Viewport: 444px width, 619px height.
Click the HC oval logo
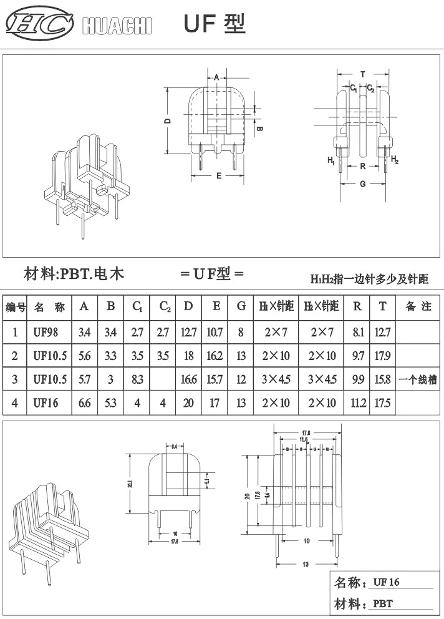coord(39,24)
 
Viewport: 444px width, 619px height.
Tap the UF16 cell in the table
coord(46,403)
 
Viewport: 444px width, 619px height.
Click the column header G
coord(241,306)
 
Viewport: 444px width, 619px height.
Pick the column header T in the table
coord(382,306)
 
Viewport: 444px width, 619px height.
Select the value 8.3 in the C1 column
coord(137,379)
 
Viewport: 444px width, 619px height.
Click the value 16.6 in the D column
coord(189,379)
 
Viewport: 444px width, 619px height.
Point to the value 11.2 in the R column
coord(358,403)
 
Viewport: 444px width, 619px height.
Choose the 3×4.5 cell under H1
coord(276,379)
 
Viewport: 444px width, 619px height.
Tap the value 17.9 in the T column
coord(382,356)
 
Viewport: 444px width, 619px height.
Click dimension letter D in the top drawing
coord(168,121)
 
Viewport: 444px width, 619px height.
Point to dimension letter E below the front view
coord(219,176)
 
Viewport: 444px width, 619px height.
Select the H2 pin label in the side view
coord(394,160)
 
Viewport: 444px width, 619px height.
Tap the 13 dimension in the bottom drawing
coord(306,563)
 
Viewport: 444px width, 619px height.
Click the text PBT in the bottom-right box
coord(383,604)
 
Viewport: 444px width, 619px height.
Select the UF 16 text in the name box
coord(386,583)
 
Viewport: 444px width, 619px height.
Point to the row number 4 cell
coord(15,403)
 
